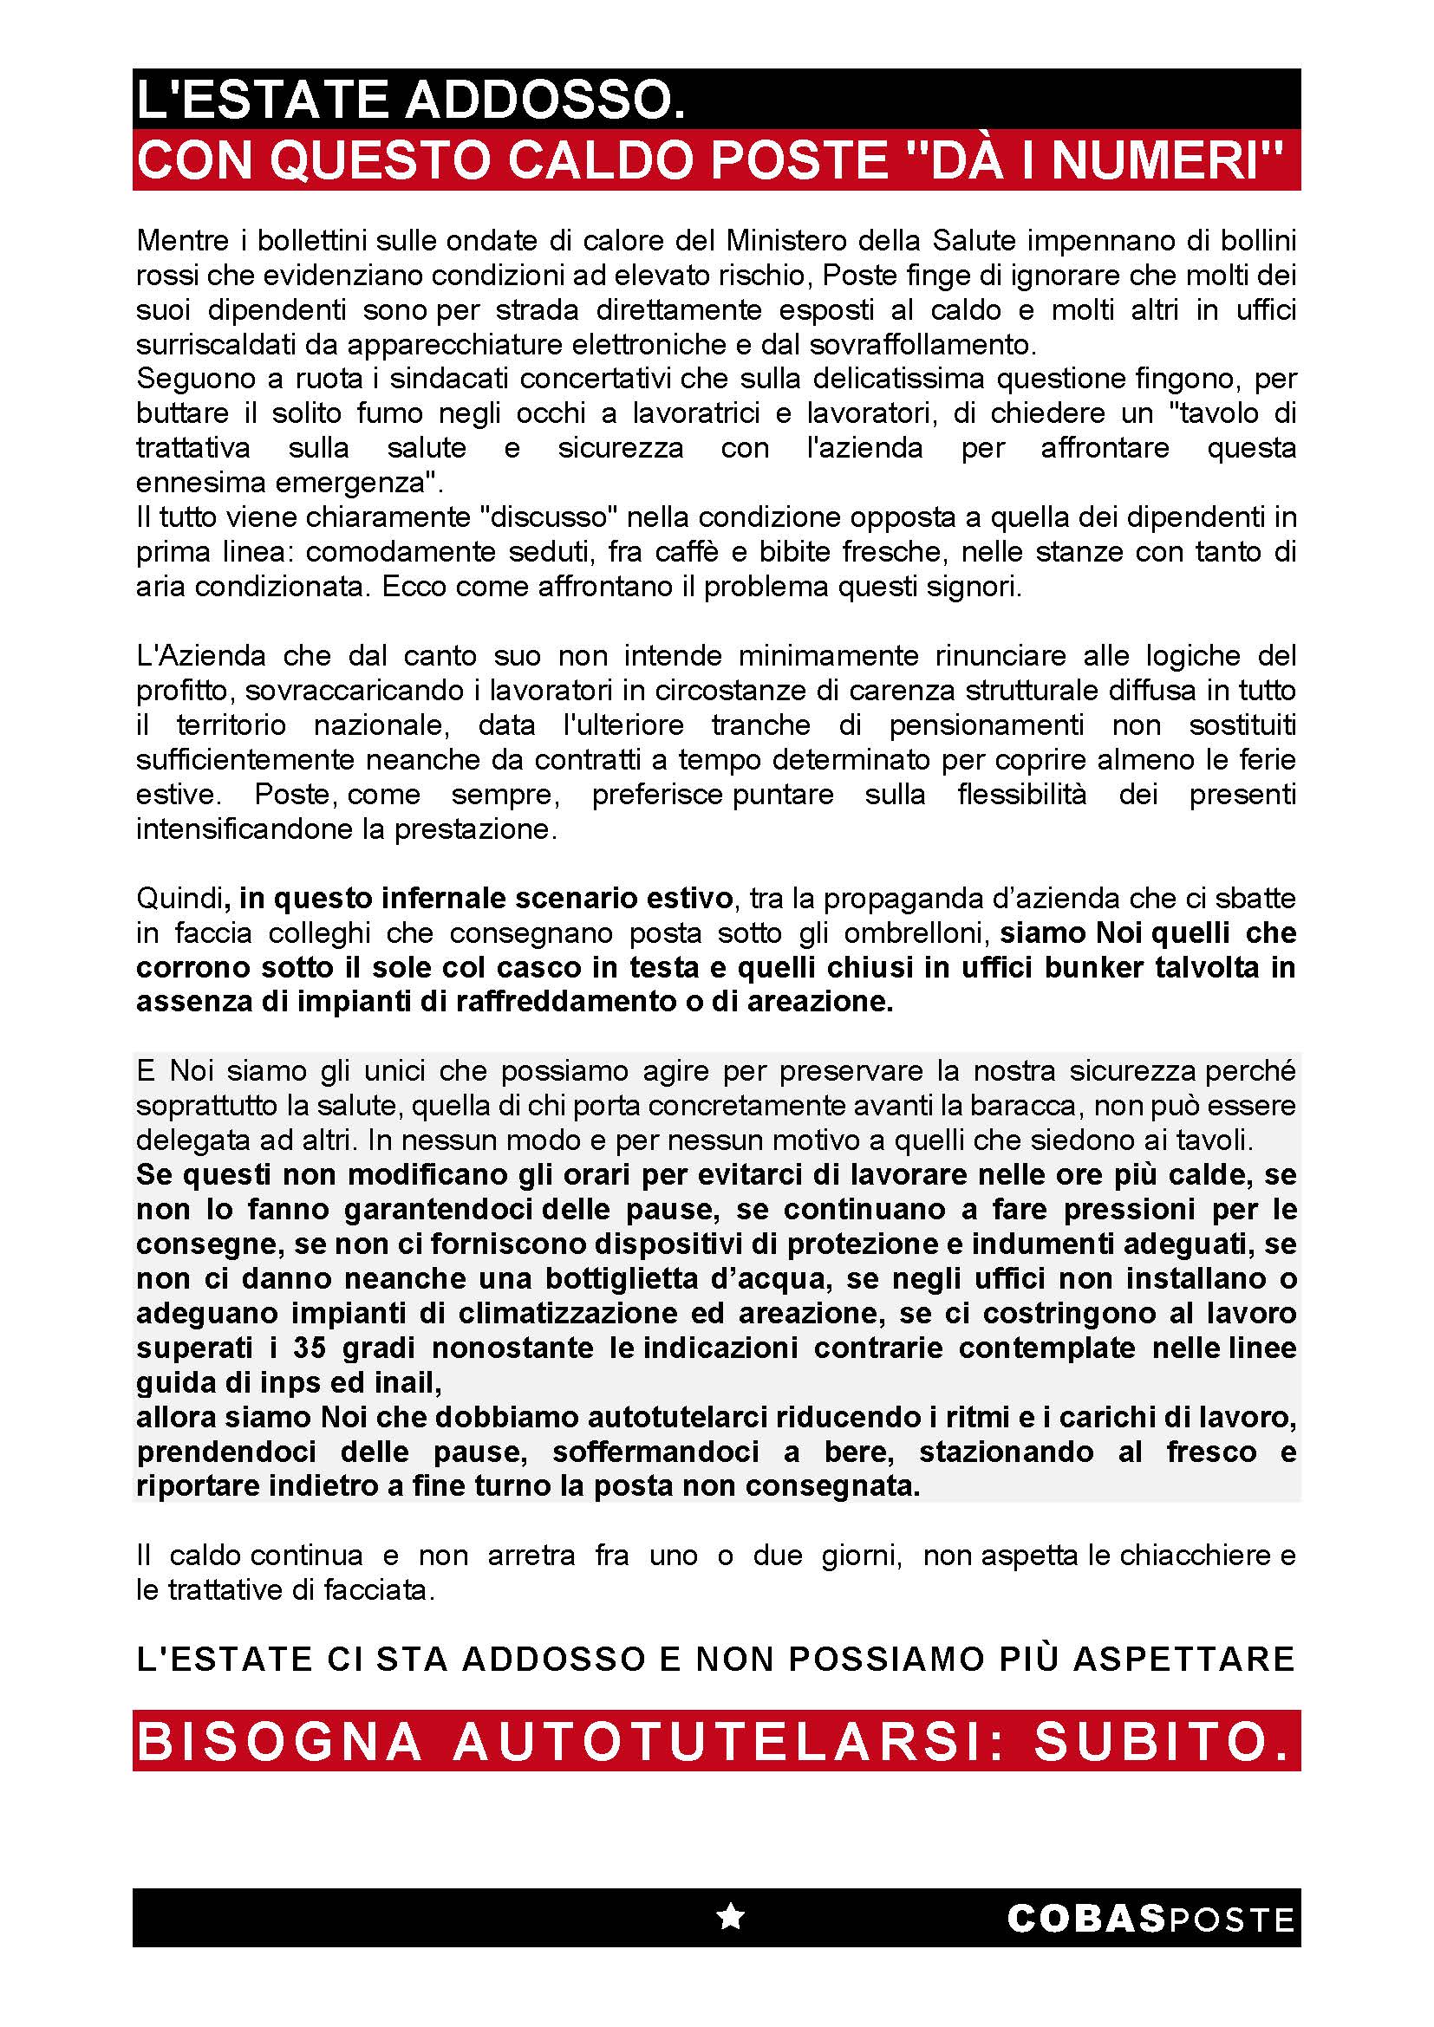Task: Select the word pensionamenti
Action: pos(986,724)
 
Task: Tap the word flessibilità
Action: pos(1021,795)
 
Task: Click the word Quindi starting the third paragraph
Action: pos(178,899)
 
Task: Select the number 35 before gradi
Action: pos(311,1348)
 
